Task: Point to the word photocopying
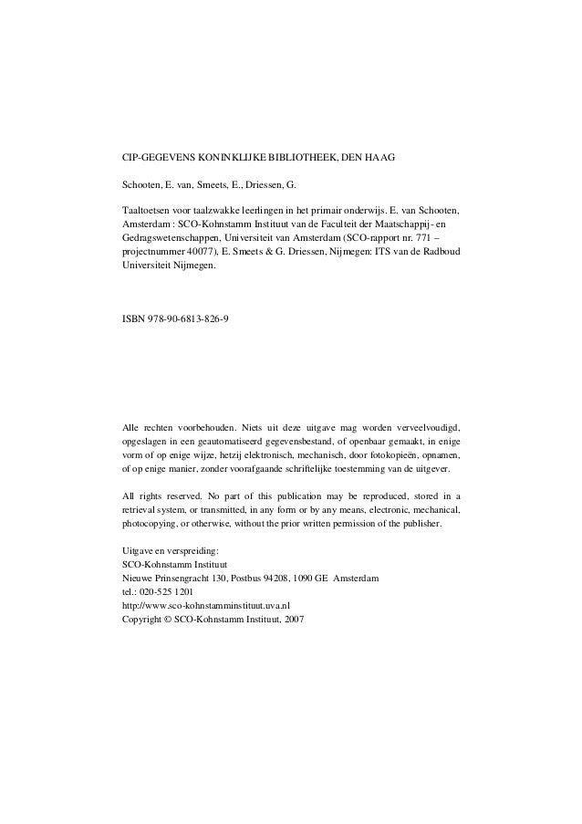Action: click(x=150, y=525)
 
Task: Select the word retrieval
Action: click(x=142, y=510)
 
